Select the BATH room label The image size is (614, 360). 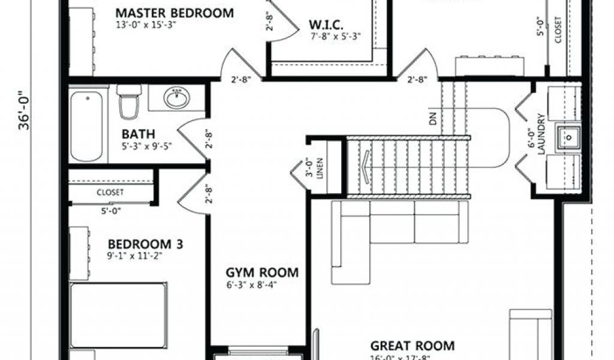coord(139,133)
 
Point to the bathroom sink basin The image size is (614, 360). coord(176,98)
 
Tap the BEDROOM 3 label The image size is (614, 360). coord(145,244)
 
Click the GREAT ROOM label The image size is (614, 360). coord(412,346)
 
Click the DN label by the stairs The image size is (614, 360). coord(433,118)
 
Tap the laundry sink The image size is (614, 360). coord(567,137)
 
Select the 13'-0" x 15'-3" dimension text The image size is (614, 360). coord(151,25)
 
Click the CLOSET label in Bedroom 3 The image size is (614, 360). coord(110,193)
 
